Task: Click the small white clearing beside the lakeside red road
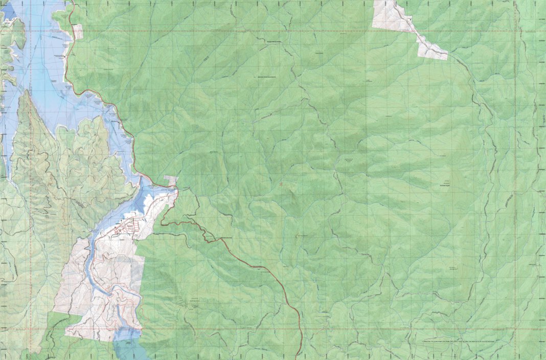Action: point(78,32)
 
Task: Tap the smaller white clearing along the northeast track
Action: point(432,50)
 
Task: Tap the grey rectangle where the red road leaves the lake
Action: point(171,181)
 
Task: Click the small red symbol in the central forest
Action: point(280,182)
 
